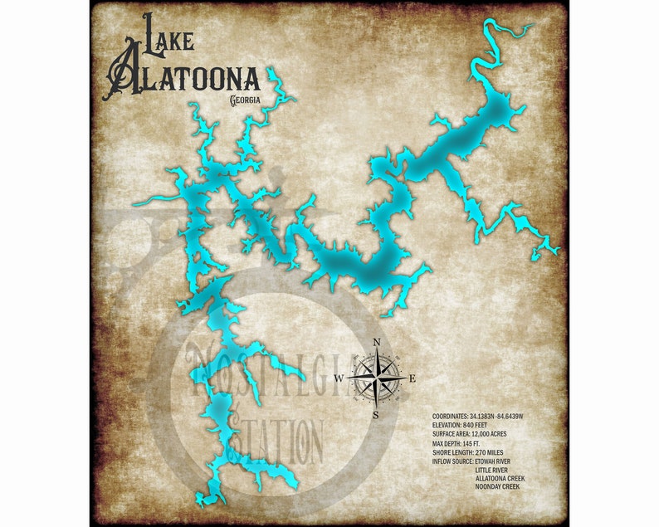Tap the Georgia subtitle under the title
pos(246,100)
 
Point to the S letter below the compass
pos(375,414)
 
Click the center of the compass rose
pos(376,378)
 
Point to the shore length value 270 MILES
pos(500,452)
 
